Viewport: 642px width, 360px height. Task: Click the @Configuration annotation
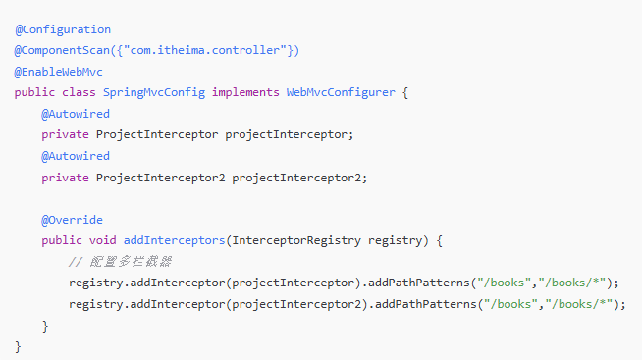click(63, 29)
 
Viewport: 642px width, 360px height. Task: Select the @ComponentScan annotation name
click(62, 50)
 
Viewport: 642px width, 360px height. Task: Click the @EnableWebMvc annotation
click(59, 72)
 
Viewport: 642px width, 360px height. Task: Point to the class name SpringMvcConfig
click(154, 92)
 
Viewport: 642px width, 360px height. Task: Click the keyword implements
click(245, 92)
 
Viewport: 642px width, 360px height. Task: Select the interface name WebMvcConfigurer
click(341, 92)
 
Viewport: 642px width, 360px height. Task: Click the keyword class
click(79, 92)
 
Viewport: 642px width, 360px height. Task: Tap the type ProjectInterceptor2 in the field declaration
click(161, 178)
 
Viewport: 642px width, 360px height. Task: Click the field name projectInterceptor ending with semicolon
click(289, 135)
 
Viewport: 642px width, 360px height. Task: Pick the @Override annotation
click(72, 220)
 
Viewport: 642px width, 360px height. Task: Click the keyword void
click(103, 240)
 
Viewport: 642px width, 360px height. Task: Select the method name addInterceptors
click(175, 240)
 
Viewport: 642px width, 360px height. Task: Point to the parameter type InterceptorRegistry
click(296, 240)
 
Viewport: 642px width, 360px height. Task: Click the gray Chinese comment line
click(120, 261)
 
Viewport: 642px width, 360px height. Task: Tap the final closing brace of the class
click(18, 347)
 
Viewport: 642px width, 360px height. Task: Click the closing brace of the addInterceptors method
click(45, 326)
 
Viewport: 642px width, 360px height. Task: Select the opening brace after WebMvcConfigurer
click(405, 92)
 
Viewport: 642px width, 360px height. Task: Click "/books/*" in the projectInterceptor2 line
click(579, 304)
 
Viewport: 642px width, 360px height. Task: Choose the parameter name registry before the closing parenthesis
click(395, 240)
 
